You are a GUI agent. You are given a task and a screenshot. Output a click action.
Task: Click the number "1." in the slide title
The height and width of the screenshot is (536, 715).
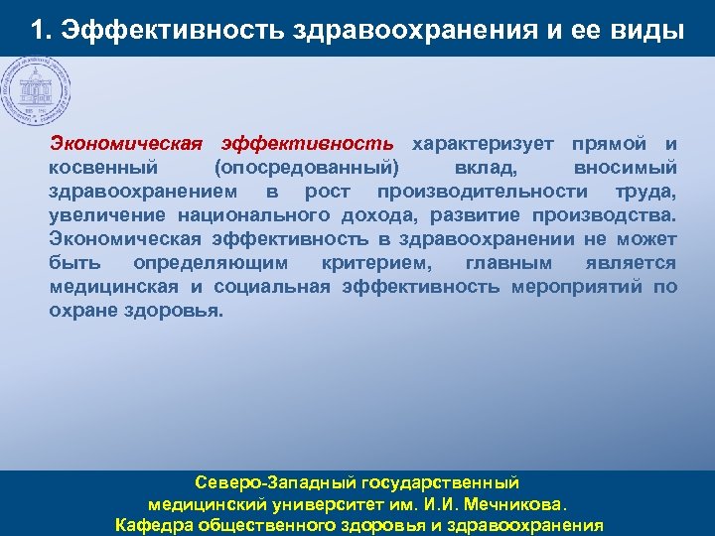tap(41, 30)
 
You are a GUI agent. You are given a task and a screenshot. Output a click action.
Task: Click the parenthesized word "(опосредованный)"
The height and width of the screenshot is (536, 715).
tap(305, 168)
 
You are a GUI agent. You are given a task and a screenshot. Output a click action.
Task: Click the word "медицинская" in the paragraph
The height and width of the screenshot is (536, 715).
tap(113, 287)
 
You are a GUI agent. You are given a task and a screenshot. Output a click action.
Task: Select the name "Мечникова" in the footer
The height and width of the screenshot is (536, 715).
tap(521, 503)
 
